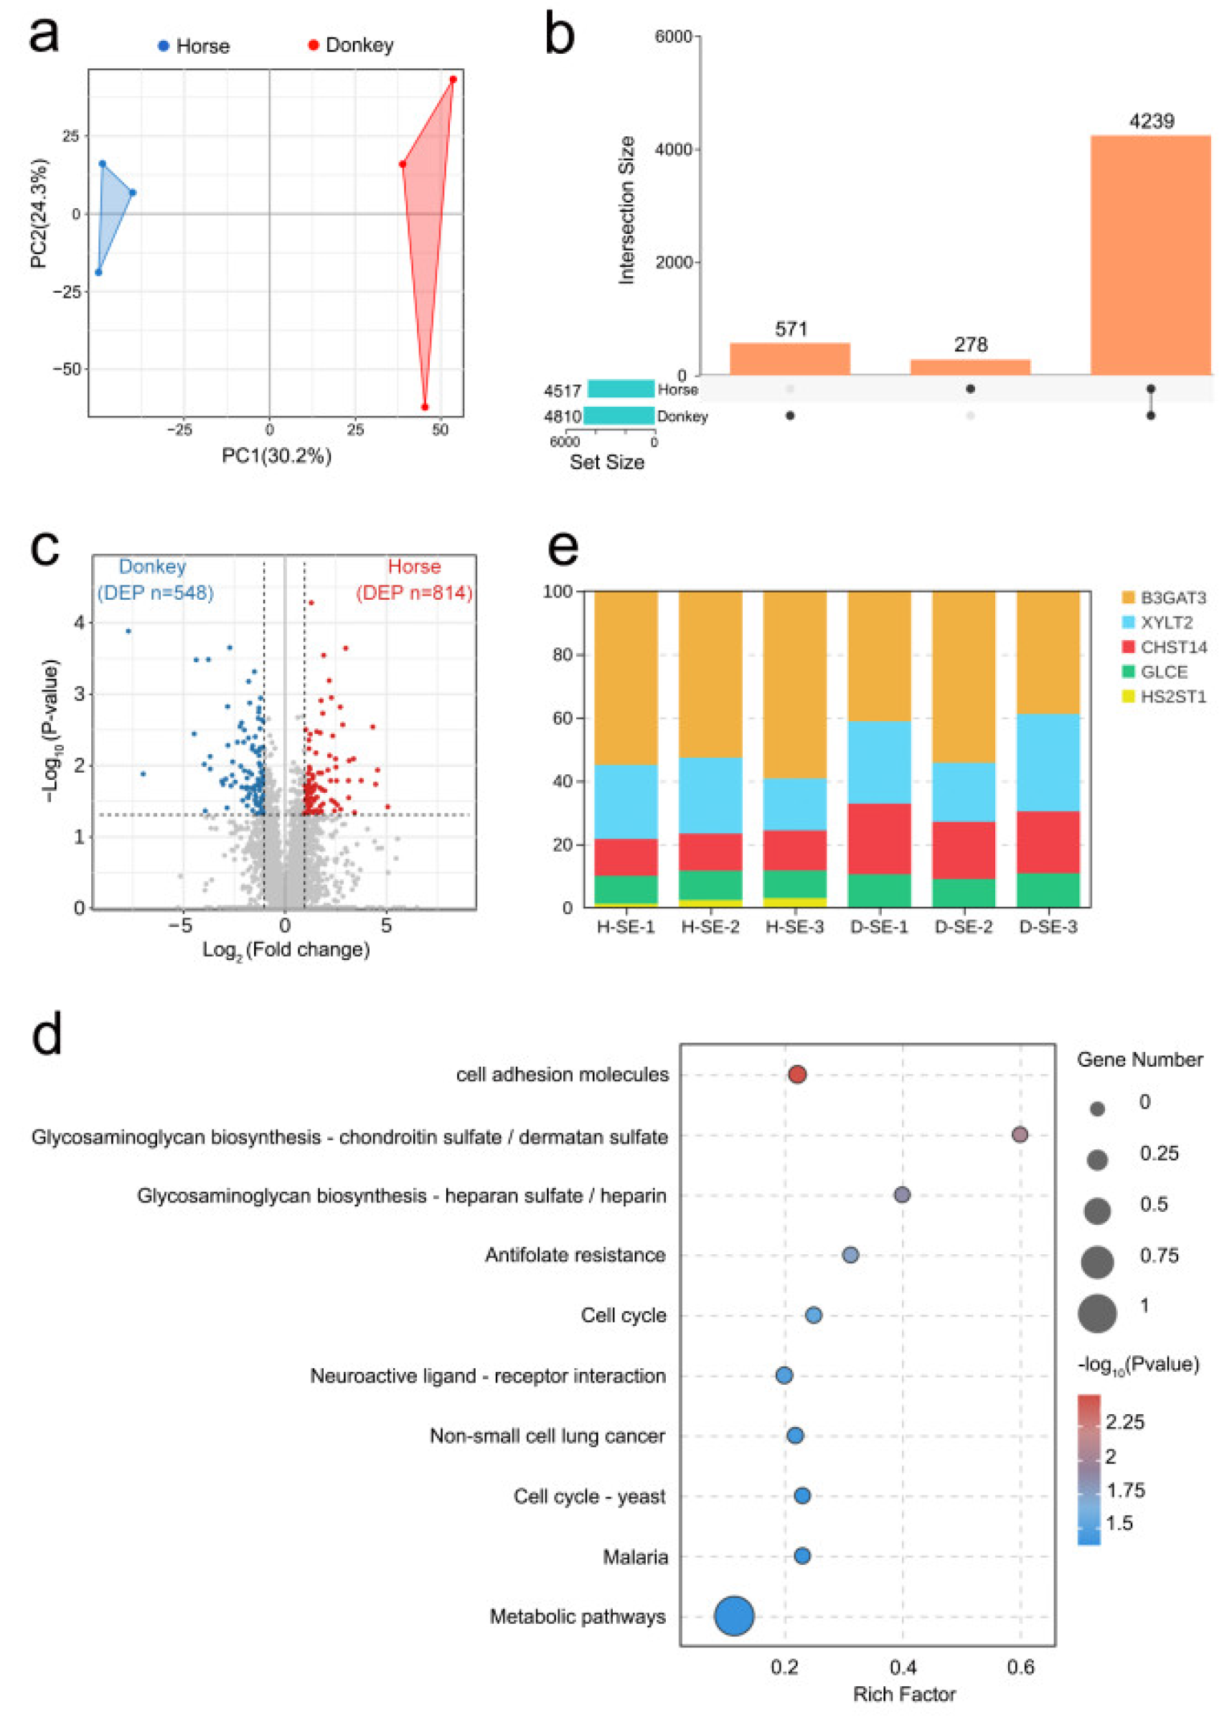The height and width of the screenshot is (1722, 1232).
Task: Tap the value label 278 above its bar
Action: [x=969, y=344]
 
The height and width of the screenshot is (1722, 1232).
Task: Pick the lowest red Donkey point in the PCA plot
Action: [x=424, y=407]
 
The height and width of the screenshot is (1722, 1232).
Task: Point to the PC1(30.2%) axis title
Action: [x=276, y=455]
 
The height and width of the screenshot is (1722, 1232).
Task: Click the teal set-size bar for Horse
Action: [x=620, y=388]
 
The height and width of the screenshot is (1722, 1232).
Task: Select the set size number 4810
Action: [x=561, y=415]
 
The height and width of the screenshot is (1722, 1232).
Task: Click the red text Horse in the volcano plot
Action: [x=413, y=566]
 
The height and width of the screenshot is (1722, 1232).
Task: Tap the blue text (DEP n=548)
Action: [x=155, y=593]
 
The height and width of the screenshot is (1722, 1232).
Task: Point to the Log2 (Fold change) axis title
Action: [x=286, y=950]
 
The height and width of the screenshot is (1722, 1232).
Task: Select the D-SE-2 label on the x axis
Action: [x=963, y=926]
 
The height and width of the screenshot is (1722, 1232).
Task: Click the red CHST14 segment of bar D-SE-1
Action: [x=878, y=838]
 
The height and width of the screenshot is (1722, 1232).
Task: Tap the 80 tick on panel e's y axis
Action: [x=562, y=654]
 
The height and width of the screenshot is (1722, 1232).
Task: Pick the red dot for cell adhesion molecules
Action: [x=796, y=1074]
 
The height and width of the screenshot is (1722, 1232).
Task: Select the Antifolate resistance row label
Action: [x=575, y=1255]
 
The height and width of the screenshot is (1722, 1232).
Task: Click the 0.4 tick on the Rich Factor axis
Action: [x=902, y=1667]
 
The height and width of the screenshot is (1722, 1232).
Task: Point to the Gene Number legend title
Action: [x=1139, y=1060]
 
